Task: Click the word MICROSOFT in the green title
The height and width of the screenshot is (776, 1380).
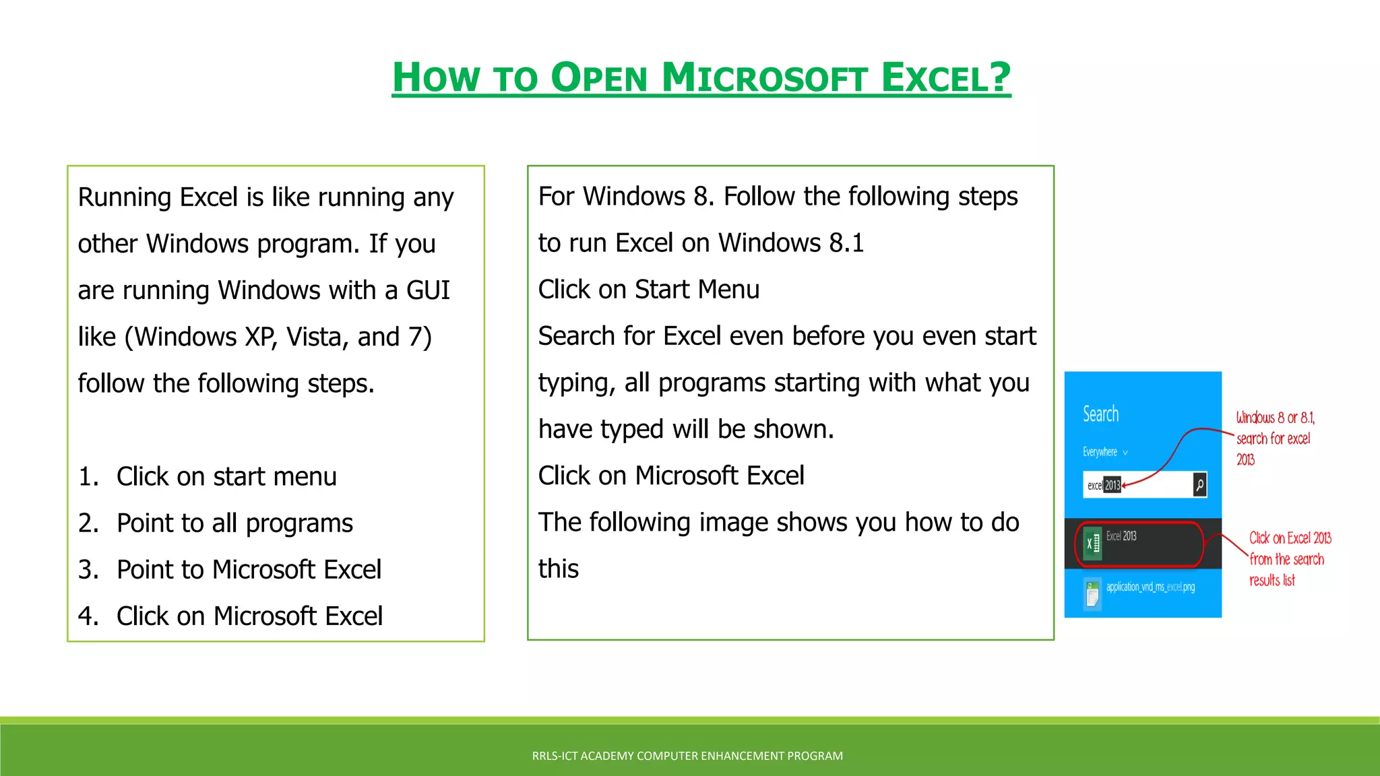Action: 764,77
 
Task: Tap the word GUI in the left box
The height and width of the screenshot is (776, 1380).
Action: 428,290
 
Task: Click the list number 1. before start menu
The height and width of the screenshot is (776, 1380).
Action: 88,477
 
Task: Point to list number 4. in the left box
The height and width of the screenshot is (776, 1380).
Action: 88,616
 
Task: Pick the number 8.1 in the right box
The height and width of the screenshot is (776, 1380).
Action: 846,243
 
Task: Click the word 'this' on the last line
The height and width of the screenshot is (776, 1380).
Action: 558,569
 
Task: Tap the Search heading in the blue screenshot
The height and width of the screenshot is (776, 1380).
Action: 1100,414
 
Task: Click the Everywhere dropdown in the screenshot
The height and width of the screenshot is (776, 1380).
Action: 1104,452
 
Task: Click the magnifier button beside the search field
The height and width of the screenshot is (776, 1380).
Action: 1199,485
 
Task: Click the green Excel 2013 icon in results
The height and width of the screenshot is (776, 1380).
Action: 1092,543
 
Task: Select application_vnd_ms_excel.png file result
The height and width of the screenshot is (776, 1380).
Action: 1150,587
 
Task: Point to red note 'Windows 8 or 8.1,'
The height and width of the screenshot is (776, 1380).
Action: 1275,418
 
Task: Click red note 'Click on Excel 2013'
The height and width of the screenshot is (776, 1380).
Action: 1290,538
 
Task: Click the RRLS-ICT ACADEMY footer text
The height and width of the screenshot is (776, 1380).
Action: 687,756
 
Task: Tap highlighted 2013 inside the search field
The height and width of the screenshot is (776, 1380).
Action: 1112,485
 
